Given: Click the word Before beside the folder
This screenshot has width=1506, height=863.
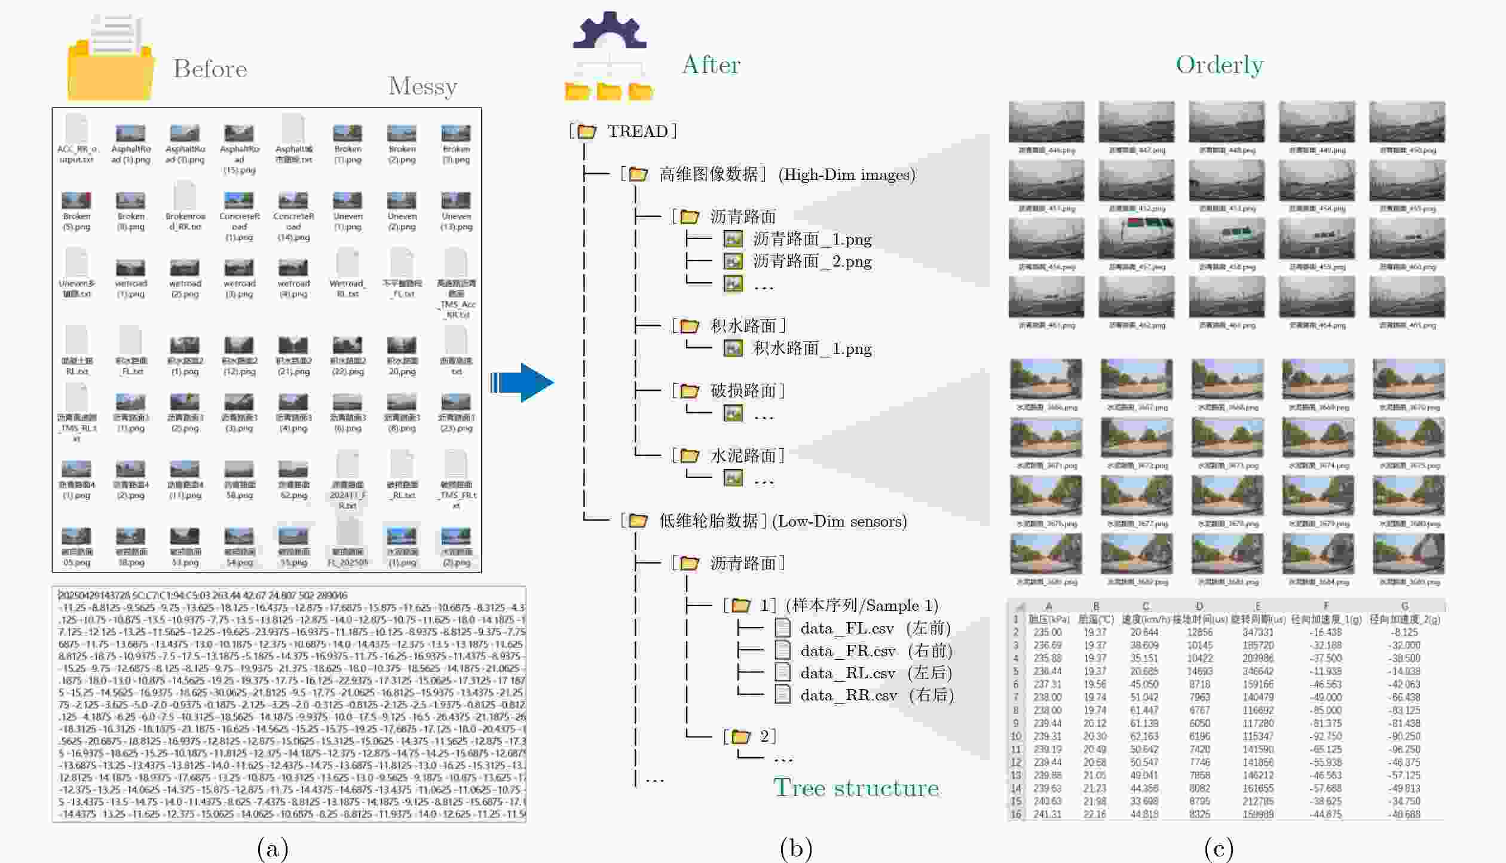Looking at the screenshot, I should [x=210, y=69].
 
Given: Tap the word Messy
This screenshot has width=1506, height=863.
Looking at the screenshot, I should [x=423, y=87].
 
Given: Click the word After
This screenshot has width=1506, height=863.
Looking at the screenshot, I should [x=711, y=65].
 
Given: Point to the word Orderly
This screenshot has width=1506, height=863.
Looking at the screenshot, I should [x=1219, y=65].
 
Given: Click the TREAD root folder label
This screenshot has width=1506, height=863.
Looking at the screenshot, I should [x=637, y=131].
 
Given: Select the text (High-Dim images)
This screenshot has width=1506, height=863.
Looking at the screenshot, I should [x=846, y=175].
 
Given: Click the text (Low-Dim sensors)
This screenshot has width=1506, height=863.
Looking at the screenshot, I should [x=839, y=521].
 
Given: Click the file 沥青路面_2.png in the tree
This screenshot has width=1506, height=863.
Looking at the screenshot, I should [x=812, y=261].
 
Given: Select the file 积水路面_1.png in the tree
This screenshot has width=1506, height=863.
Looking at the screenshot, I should [x=812, y=348].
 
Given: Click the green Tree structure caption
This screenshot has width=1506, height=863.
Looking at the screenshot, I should [x=856, y=788].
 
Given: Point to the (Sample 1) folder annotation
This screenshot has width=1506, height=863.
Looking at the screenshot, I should [x=861, y=605].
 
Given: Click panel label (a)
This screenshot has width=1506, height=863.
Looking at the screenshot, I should [x=273, y=848].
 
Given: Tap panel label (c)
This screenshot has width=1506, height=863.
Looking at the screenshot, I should [x=1219, y=848].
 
